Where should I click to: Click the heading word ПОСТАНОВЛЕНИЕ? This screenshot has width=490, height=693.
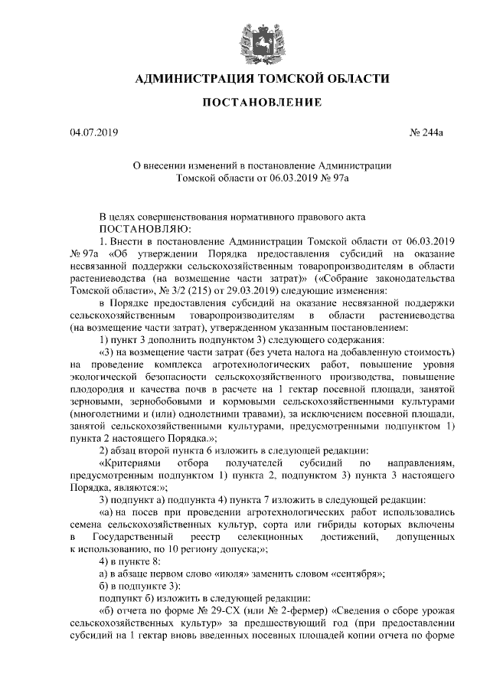click(261, 103)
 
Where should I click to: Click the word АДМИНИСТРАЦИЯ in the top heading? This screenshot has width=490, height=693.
click(201, 78)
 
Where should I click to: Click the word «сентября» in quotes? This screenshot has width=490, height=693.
click(357, 573)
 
